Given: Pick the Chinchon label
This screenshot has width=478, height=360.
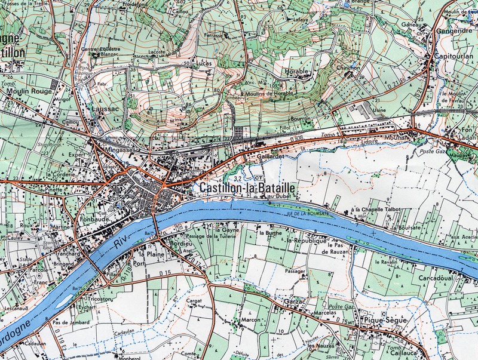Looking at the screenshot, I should [348, 67].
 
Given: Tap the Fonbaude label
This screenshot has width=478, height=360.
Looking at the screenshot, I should [93, 219].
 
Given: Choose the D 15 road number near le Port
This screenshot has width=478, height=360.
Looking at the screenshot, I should [166, 273].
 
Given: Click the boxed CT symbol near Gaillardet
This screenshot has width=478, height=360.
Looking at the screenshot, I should [258, 177].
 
